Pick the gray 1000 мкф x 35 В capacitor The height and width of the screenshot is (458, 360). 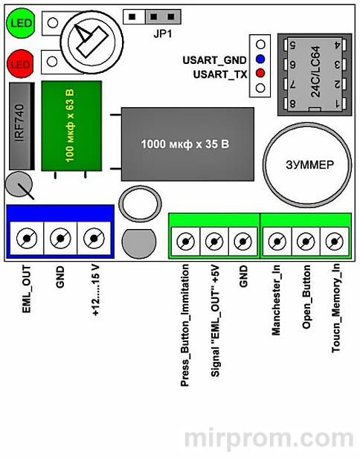[186, 142]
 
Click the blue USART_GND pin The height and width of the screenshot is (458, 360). [260, 59]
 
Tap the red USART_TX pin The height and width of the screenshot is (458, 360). [260, 74]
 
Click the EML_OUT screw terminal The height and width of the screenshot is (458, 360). [28, 239]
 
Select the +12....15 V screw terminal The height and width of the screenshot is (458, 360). [93, 239]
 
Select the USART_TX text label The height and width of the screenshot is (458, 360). [219, 74]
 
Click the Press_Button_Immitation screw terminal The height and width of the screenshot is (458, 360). [185, 241]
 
